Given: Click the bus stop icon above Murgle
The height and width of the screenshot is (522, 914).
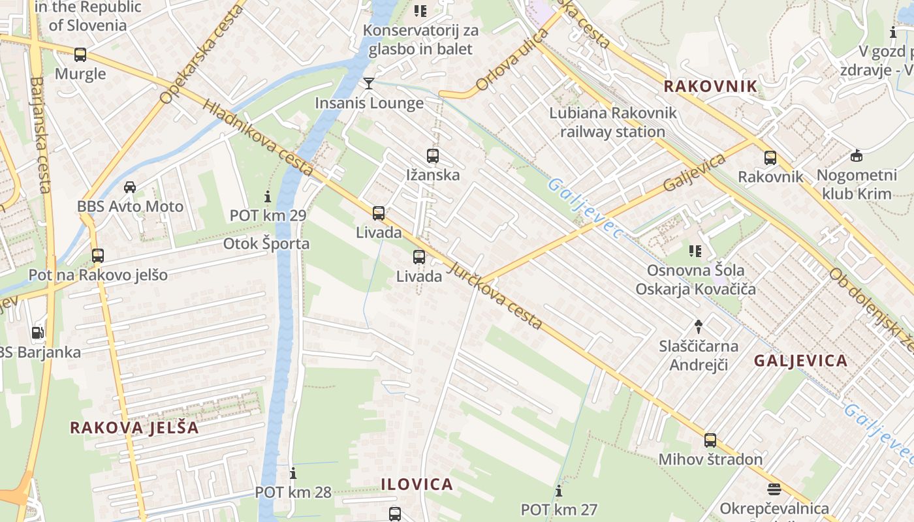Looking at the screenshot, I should (x=80, y=55).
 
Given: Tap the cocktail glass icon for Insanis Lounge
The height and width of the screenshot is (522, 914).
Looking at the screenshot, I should (x=369, y=84).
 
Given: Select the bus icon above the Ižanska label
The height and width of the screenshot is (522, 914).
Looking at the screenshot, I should (x=432, y=156).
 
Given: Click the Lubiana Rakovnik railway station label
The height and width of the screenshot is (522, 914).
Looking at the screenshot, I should (x=612, y=122).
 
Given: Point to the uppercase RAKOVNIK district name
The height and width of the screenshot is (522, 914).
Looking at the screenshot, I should (x=710, y=86).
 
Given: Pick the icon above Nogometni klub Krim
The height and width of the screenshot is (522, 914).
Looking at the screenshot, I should (x=856, y=156).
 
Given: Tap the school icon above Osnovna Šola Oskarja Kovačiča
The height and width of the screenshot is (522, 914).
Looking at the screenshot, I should (x=695, y=251).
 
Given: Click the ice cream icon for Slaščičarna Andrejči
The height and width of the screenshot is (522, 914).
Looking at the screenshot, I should (x=698, y=326).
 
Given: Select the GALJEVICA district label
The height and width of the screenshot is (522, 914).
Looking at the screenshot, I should (x=800, y=361).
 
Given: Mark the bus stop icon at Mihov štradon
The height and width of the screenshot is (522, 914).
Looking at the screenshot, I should (x=710, y=440).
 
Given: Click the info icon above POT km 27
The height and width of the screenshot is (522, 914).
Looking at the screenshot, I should (x=558, y=491).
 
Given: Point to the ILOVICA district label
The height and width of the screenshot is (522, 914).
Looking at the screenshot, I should (x=417, y=484).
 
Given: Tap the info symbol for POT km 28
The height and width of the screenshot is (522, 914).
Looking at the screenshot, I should (x=293, y=473).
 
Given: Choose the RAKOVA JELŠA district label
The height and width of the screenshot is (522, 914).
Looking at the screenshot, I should (x=134, y=428).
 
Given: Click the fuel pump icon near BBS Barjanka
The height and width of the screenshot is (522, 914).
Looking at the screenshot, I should (x=38, y=333).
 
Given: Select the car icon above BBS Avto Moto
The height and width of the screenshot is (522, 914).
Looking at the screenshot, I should (x=130, y=187).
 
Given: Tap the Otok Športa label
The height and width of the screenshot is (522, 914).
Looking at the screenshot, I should (x=266, y=244).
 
